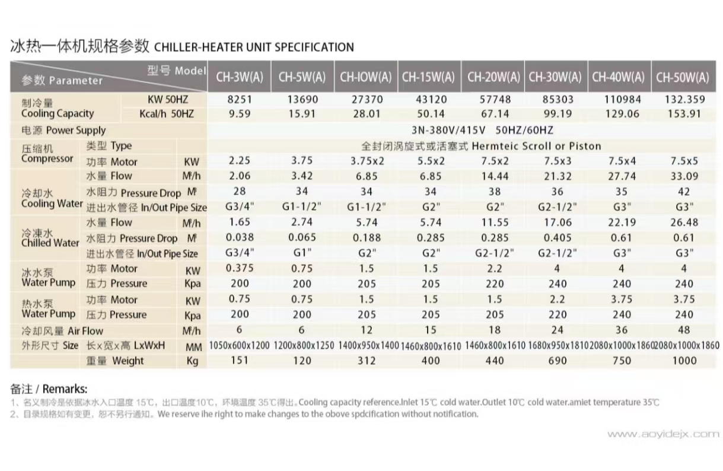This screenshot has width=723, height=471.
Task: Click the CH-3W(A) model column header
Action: tap(240, 77)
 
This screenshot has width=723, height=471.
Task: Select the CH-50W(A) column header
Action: tap(683, 77)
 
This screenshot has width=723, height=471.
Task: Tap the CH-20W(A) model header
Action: tap(493, 77)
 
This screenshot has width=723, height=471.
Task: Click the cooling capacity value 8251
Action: tap(240, 100)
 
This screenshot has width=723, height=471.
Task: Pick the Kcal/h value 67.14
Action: tap(493, 114)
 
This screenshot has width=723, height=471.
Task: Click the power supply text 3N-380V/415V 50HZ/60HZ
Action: tap(482, 130)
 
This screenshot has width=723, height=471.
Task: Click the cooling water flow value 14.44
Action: tap(493, 176)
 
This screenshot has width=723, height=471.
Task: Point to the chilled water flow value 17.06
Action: tap(558, 222)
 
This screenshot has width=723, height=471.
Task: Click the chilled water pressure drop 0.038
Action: tap(240, 238)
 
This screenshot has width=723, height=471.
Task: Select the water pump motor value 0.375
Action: tap(240, 268)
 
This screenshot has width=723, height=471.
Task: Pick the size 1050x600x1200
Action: tap(240, 345)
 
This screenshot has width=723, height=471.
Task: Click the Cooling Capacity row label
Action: tap(58, 113)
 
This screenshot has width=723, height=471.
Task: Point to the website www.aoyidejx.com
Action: tap(663, 434)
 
